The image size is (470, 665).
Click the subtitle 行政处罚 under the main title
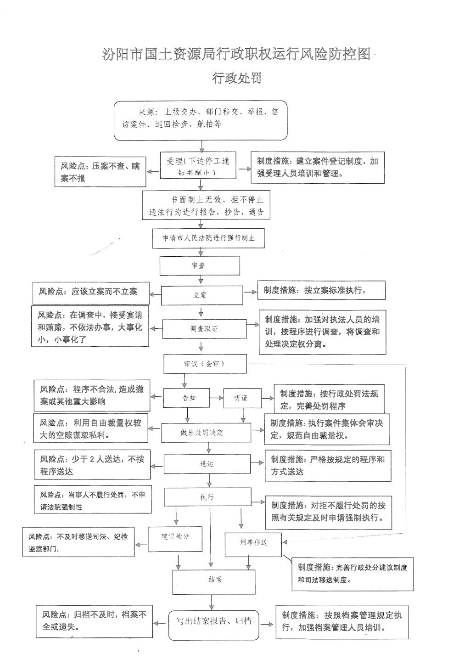pyautogui.click(x=237, y=78)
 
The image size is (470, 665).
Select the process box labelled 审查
pyautogui.click(x=200, y=265)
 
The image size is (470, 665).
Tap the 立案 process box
pyautogui.click(x=201, y=295)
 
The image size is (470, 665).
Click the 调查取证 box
pyautogui.click(x=204, y=329)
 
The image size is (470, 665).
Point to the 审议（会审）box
pyautogui.click(x=205, y=364)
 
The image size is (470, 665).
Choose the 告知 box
pyautogui.click(x=186, y=398)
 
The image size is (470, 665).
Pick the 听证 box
pyautogui.click(x=242, y=398)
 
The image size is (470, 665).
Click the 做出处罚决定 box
pyautogui.click(x=206, y=433)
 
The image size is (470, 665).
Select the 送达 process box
pyautogui.click(x=207, y=464)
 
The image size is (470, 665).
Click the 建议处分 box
pyautogui.click(x=175, y=539)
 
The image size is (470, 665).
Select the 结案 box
pyautogui.click(x=214, y=582)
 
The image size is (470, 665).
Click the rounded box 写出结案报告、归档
pyautogui.click(x=213, y=625)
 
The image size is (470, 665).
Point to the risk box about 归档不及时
pyautogui.click(x=94, y=621)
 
